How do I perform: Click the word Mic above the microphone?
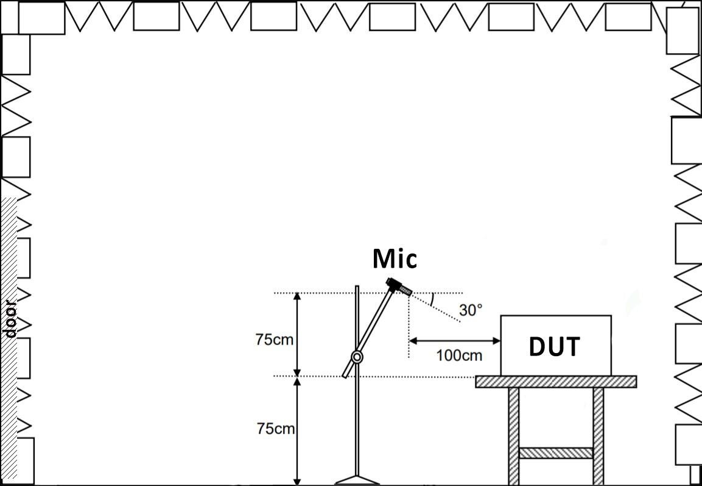click(395, 259)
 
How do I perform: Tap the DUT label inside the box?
click(555, 346)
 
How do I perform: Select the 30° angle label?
click(471, 310)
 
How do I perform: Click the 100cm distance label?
click(460, 355)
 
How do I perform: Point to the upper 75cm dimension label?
click(275, 340)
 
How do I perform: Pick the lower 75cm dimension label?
click(275, 429)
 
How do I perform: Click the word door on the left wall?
click(10, 319)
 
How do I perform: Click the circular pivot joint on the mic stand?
click(357, 357)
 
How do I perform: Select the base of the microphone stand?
click(357, 479)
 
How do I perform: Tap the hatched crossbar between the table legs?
click(556, 453)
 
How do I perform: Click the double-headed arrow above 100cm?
click(454, 340)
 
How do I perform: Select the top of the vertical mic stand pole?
click(357, 287)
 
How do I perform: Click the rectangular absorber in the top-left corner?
click(41, 18)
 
